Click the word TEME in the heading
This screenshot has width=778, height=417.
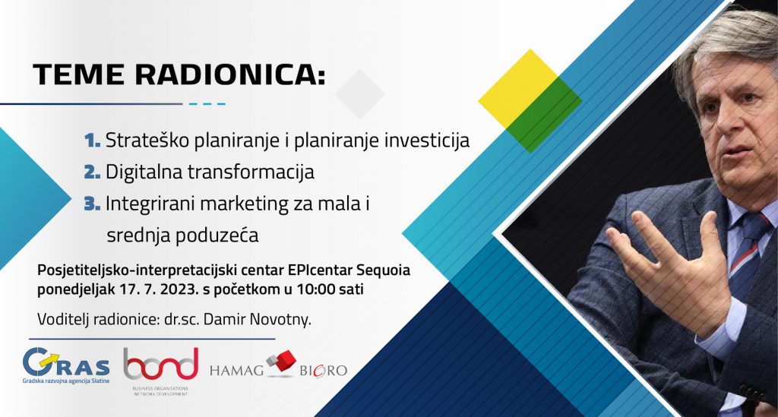pos(78,74)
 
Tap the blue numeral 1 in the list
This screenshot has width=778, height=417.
pos(92,141)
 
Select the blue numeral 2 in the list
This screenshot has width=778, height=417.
pos(92,172)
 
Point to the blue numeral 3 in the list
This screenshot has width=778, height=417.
pos(92,204)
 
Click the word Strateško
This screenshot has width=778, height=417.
pos(147,141)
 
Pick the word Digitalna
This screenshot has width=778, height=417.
pos(144,172)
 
